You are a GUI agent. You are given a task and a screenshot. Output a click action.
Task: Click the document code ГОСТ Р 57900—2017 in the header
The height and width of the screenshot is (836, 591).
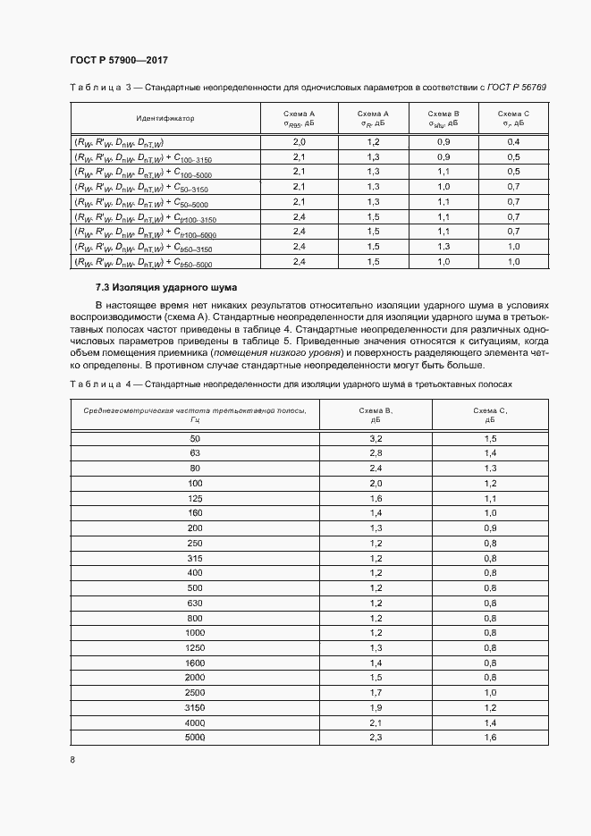tap(118, 60)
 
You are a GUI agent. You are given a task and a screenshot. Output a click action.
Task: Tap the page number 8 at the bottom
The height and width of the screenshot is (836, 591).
tap(72, 760)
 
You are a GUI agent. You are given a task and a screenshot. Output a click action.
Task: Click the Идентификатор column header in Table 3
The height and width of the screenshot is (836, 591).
tap(165, 118)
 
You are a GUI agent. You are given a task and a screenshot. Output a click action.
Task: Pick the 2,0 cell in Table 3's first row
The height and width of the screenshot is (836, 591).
tap(300, 142)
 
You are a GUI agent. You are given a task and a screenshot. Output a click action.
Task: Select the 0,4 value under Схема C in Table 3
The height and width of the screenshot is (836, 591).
tap(514, 142)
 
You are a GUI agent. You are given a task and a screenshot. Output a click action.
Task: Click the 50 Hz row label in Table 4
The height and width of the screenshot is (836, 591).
tap(196, 439)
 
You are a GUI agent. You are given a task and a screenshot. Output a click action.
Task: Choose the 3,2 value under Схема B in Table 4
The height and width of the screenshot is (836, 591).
tap(376, 439)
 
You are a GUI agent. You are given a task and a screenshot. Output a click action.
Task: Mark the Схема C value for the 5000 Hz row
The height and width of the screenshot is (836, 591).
tap(490, 737)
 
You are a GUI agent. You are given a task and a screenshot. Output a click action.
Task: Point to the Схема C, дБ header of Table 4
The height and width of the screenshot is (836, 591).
tap(490, 414)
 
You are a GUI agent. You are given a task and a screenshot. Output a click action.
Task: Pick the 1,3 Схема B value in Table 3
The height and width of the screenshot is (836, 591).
tap(443, 247)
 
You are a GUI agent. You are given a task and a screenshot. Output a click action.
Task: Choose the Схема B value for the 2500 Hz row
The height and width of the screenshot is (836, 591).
tap(376, 692)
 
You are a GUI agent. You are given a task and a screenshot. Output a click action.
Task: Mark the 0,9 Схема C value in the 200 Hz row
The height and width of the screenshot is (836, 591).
tap(490, 528)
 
